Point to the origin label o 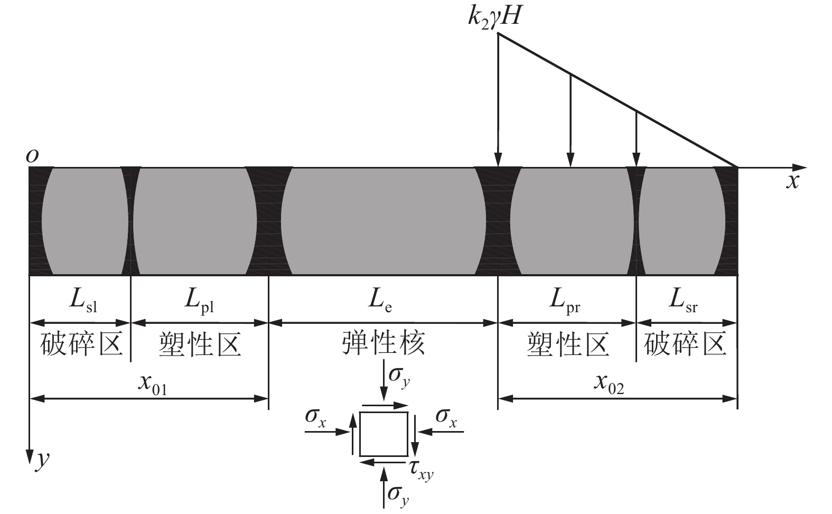33,155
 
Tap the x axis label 792,181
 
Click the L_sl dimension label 83,301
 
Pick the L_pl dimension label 199,301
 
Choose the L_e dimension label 380,301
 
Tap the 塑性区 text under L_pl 200,344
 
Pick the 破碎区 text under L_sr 685,344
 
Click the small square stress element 384,434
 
